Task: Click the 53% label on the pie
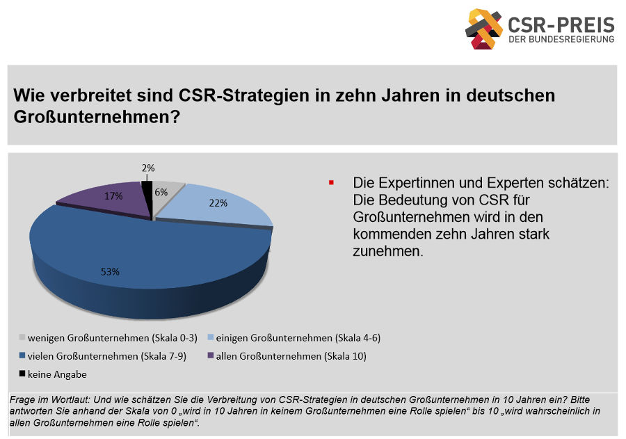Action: point(111,272)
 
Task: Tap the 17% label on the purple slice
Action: point(114,196)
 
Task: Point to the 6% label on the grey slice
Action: point(161,192)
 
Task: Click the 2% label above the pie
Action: point(148,168)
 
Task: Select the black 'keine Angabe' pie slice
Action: point(147,191)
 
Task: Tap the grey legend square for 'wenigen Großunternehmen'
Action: point(21,338)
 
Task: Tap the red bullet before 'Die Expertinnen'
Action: point(332,183)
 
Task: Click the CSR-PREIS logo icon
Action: point(484,29)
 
